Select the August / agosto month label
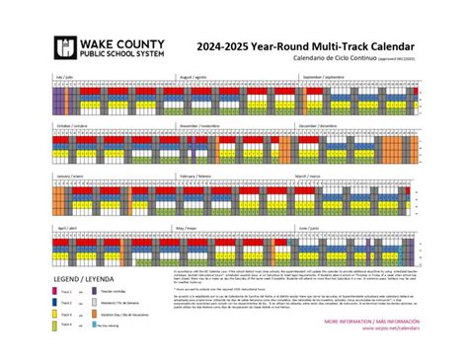194,76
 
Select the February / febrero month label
196,176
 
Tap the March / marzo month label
308,176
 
